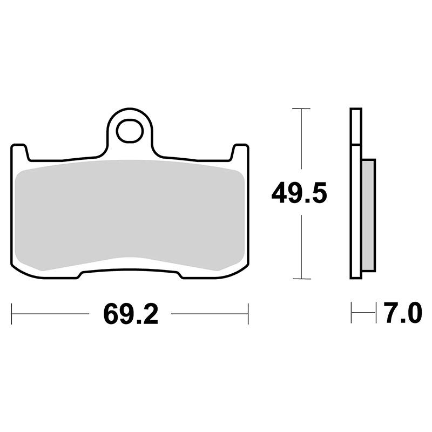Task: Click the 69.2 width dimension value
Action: coord(131,314)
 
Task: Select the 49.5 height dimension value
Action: coord(299,193)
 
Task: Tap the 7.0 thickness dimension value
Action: coord(403,313)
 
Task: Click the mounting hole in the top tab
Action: coord(130,131)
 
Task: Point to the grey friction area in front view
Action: coord(130,215)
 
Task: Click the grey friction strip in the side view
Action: coord(368,215)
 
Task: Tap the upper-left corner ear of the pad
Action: coord(20,152)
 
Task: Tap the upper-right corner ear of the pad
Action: coord(240,152)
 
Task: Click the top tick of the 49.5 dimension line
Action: coord(301,109)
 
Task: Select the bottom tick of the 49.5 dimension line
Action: coord(302,279)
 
